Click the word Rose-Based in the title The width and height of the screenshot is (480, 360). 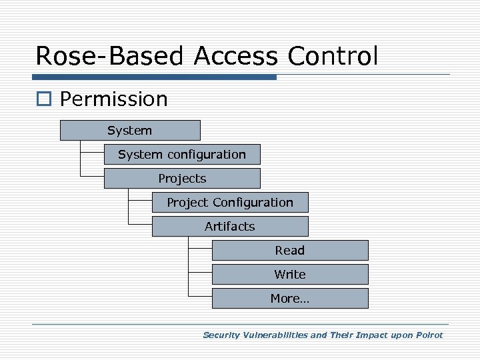click(x=111, y=55)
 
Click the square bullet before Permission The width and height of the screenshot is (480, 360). click(x=45, y=100)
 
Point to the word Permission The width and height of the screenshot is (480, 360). click(x=114, y=99)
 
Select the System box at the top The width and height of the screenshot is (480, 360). click(x=130, y=131)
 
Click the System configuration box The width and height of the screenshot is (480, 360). click(x=182, y=155)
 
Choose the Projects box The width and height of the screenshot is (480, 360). click(x=182, y=179)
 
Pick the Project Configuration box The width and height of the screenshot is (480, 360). click(x=230, y=203)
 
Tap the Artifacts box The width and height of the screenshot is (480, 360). click(x=230, y=227)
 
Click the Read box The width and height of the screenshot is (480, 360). click(x=290, y=251)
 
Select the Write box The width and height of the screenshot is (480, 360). click(x=290, y=275)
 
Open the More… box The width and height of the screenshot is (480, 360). click(x=290, y=299)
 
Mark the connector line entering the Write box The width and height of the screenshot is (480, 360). click(x=200, y=271)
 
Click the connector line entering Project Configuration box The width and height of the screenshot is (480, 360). click(x=140, y=199)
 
